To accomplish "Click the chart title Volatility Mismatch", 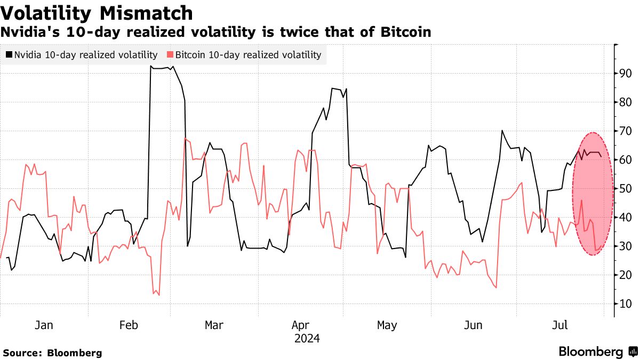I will click(97, 12).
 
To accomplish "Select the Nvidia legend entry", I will click(83, 54).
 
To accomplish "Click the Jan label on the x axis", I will click(44, 325).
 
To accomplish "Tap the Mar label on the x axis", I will click(214, 325).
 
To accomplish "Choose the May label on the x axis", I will click(387, 325).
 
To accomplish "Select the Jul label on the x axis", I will click(559, 325).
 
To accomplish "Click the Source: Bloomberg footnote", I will click(52, 353).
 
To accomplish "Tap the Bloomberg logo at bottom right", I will click(597, 351).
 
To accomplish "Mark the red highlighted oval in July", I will click(592, 194).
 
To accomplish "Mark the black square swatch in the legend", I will click(9, 54).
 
